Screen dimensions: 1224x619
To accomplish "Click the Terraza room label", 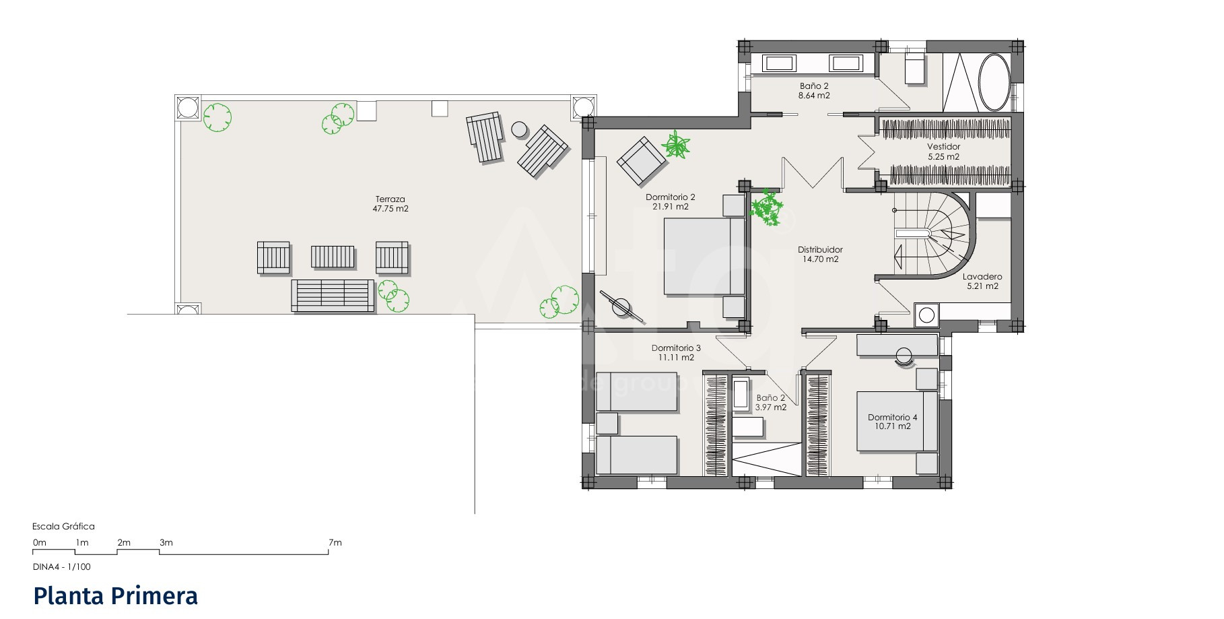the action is tap(390, 199).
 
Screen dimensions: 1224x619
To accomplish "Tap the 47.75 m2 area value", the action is tap(390, 209).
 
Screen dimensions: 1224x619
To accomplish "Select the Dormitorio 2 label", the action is tap(670, 197).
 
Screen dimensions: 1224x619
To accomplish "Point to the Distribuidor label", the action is tap(821, 250).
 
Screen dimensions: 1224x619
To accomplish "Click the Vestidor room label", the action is tap(943, 147).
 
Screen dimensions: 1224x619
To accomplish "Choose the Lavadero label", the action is tap(982, 277).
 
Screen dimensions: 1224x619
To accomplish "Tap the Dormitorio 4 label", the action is tap(892, 418).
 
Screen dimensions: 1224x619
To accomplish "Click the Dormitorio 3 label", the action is tap(676, 348).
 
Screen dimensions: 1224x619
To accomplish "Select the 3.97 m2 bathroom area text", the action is tap(770, 408).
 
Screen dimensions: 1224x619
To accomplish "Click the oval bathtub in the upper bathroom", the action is tap(994, 82).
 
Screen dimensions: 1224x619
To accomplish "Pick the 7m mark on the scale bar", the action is tap(335, 542).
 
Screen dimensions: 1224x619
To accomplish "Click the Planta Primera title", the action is tap(116, 597).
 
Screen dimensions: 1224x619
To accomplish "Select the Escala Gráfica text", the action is tap(63, 527).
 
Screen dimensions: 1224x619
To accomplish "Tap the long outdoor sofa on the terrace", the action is tap(333, 296).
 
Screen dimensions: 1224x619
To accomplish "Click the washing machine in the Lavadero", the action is tap(926, 315).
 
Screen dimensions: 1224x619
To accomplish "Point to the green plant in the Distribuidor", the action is tap(767, 208).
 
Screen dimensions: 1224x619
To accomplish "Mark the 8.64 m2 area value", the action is tap(814, 96).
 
